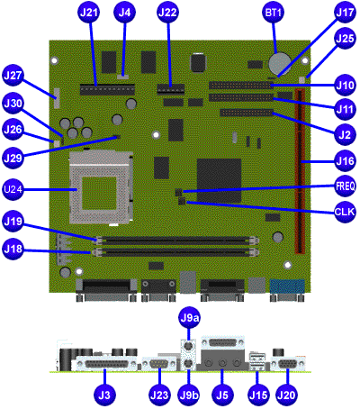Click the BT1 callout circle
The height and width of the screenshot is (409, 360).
[x=273, y=13]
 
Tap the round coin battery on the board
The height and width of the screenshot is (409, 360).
[x=280, y=64]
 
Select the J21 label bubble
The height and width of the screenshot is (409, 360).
[x=89, y=13]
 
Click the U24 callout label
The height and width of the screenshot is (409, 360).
[x=13, y=189]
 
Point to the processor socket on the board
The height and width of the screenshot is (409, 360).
[x=101, y=186]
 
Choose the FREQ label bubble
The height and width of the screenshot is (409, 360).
[x=346, y=186]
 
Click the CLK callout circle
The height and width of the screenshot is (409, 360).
[x=346, y=212]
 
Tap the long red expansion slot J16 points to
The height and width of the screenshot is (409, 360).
[x=301, y=170]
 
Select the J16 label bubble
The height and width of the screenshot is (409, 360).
[x=346, y=161]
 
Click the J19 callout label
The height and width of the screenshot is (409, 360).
[x=13, y=222]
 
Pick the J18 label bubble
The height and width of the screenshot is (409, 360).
[x=13, y=249]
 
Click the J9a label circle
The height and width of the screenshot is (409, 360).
[x=189, y=318]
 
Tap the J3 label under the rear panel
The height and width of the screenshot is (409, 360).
[x=104, y=395]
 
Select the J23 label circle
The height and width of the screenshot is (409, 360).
[x=159, y=395]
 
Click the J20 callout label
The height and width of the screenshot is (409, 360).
[x=286, y=395]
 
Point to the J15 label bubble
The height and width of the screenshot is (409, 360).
[x=258, y=395]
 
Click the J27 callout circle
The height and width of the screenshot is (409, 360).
[x=13, y=76]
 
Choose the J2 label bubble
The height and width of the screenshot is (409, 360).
[x=346, y=134]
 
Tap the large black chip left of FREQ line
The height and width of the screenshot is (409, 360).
[x=219, y=180]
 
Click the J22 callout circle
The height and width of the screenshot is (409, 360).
[x=168, y=13]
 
